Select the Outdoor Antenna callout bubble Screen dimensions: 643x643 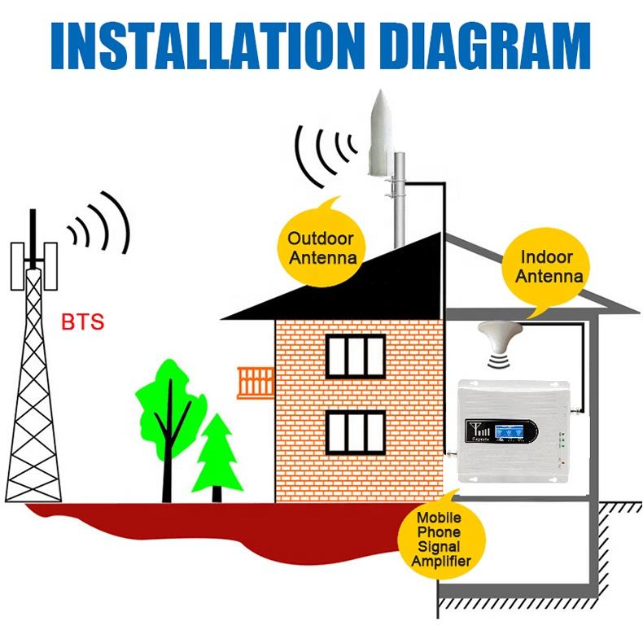coord(322,246)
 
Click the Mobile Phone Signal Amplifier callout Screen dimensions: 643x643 coord(440,538)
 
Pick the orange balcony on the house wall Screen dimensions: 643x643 coord(256,383)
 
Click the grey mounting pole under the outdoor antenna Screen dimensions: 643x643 coord(400,203)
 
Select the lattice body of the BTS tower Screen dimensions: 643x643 coord(34,383)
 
